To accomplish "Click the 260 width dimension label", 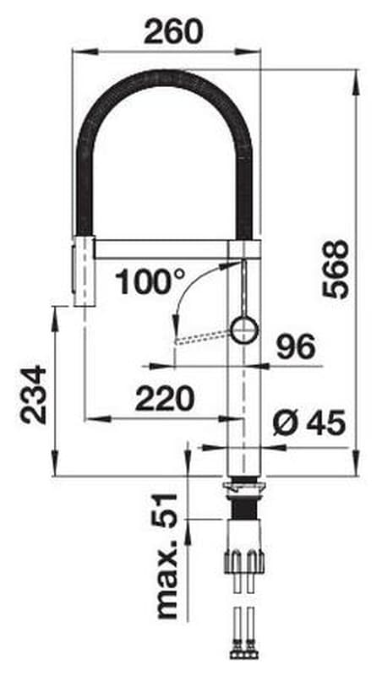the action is click(x=173, y=32).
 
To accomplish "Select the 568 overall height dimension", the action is click(x=335, y=269).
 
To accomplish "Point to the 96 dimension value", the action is click(x=296, y=347).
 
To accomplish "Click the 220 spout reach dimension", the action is click(x=164, y=398).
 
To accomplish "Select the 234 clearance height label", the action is click(x=33, y=395).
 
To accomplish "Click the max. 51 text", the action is click(x=167, y=556).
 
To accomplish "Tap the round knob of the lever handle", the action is click(x=244, y=330).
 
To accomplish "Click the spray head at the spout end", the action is click(x=83, y=270).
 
